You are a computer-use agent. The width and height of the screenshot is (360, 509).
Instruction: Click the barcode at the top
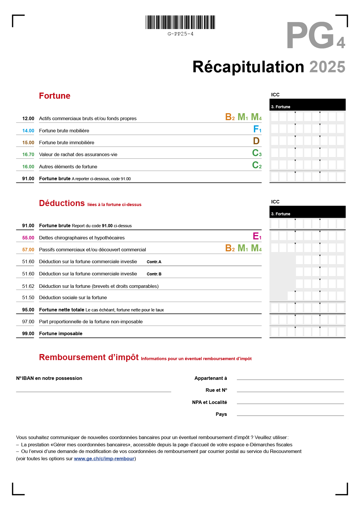tap(180, 22)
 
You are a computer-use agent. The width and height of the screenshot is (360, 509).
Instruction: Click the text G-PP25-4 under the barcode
tap(180, 34)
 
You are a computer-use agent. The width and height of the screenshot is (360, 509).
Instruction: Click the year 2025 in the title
tap(327, 67)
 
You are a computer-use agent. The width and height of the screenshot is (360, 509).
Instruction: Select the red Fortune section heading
tap(55, 96)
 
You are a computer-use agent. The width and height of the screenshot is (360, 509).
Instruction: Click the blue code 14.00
tap(28, 131)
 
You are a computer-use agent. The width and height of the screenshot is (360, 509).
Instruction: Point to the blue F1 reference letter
tap(257, 129)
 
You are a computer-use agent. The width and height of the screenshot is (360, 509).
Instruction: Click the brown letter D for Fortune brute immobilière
tap(256, 141)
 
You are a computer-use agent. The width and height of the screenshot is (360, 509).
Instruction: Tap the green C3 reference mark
tap(257, 153)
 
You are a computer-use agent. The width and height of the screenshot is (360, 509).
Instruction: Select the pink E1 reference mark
tap(257, 236)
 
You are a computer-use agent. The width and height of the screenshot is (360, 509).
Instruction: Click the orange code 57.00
tap(28, 250)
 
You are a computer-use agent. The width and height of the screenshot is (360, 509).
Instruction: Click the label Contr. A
tap(154, 262)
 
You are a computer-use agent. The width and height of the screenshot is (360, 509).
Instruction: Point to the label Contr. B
tap(154, 274)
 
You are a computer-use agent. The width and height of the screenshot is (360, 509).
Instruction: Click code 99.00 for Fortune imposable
tap(28, 333)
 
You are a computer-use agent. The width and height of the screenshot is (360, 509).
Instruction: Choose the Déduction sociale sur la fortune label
tap(73, 297)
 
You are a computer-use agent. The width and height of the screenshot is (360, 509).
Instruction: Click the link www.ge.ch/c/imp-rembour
tap(104, 459)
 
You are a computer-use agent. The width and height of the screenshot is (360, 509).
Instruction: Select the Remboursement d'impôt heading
tap(89, 357)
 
